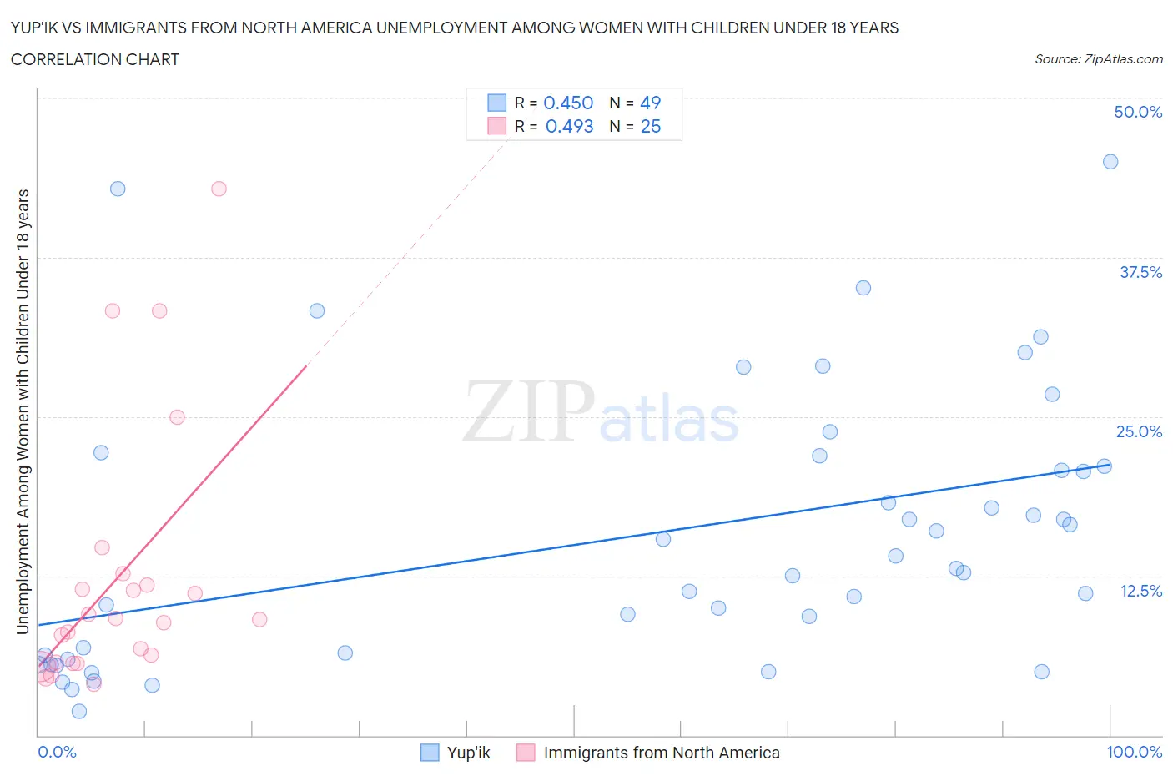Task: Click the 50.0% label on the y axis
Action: coord(1138,112)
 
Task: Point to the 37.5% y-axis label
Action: coord(1140,272)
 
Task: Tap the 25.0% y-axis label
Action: coord(1139,431)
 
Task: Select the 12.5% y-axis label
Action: coord(1140,591)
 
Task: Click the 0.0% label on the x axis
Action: coord(57,752)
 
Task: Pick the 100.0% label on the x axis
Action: coord(1134,752)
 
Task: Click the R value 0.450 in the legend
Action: coord(568,103)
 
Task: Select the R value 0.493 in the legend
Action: coord(569,126)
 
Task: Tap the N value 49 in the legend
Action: coord(650,103)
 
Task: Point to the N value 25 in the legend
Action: coord(650,126)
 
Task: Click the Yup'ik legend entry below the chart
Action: coord(468,753)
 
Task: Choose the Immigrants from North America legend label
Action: coord(661,753)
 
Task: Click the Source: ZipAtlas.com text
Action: coord(1098,58)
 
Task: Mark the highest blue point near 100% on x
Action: coord(1110,162)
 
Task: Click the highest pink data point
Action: coord(219,189)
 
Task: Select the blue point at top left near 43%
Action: coord(118,189)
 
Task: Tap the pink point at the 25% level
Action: coord(177,417)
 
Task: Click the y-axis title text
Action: coord(23,411)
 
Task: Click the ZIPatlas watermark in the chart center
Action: coord(601,413)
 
